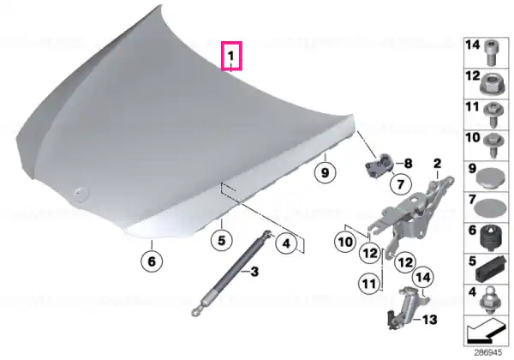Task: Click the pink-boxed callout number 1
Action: pos(231,56)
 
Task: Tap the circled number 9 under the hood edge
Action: pos(325,172)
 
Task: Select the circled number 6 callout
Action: pos(152,261)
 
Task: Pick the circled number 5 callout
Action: pos(222,240)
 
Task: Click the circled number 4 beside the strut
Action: pos(286,243)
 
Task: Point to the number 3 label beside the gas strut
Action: pos(254,272)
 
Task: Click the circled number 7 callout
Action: pos(401,184)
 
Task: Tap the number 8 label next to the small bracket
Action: pos(408,163)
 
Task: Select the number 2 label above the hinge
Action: pos(437,163)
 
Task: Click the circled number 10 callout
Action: pos(345,243)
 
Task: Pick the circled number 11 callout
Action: pos(369,283)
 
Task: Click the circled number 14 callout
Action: pos(423,278)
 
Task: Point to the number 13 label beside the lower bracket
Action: pos(430,320)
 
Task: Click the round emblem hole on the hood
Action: pos(81,194)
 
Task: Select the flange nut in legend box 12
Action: pos(490,85)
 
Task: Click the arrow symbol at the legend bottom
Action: pos(485,329)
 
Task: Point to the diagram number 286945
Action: pos(487,352)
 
